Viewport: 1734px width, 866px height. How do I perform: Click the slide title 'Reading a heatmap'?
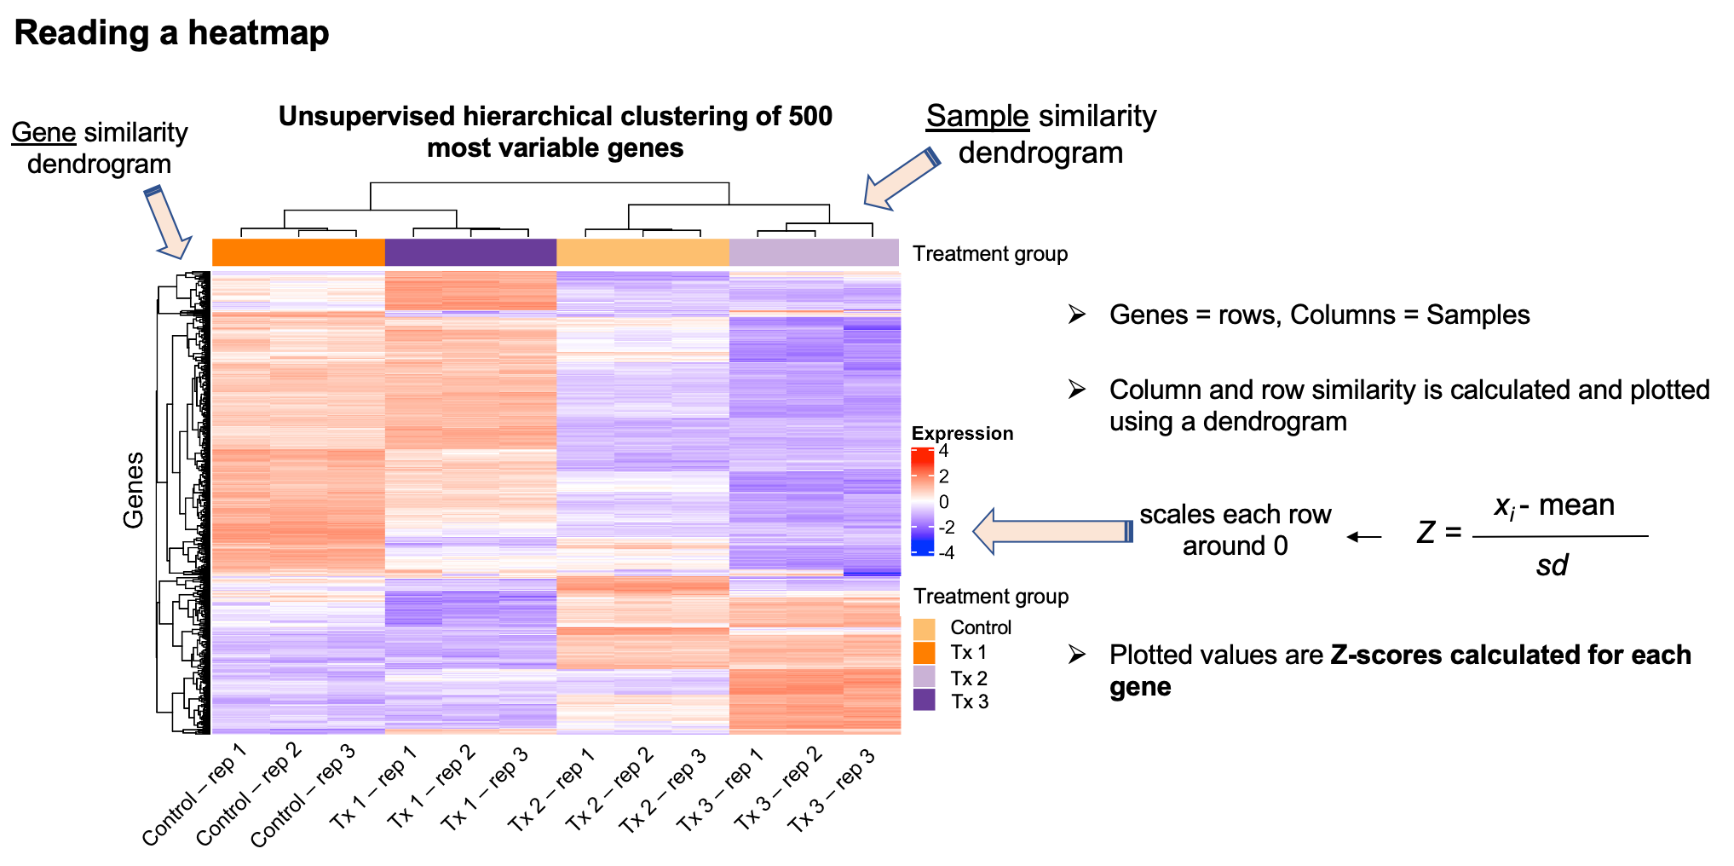[171, 33]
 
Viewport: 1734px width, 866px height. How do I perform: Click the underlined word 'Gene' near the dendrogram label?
[43, 133]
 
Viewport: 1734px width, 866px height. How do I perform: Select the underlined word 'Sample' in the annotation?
[977, 116]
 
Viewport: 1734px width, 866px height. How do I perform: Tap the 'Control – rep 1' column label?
[194, 794]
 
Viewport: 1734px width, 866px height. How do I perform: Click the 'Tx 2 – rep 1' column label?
[551, 789]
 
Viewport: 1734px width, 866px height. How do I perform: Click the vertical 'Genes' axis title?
[134, 490]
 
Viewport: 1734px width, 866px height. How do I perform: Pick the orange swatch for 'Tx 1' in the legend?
[925, 653]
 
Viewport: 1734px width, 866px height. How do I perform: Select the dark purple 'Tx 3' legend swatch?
[925, 701]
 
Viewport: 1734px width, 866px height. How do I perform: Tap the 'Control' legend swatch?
[925, 629]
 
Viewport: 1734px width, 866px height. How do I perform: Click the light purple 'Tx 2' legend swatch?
[925, 677]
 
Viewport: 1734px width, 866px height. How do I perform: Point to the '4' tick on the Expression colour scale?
[943, 452]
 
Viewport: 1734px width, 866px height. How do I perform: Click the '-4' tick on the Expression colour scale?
[946, 552]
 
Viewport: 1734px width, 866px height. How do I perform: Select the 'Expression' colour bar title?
[962, 433]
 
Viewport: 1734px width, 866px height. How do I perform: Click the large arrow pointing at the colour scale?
[1051, 531]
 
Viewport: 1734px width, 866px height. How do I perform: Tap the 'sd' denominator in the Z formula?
[1552, 565]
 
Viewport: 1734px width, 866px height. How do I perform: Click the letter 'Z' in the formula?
[1426, 533]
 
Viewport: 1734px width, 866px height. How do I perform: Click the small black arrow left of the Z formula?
[1364, 537]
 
